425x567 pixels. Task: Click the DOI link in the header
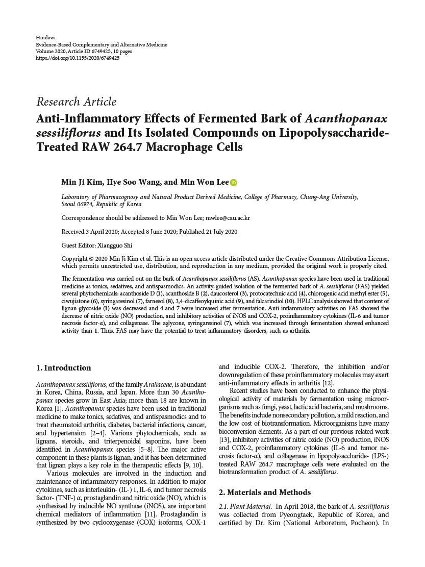(78, 58)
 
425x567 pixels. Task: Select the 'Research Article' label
(77, 102)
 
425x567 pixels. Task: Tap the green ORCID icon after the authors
(234, 182)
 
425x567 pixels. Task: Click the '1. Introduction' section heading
(64, 368)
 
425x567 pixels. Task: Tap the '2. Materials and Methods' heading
(264, 492)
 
